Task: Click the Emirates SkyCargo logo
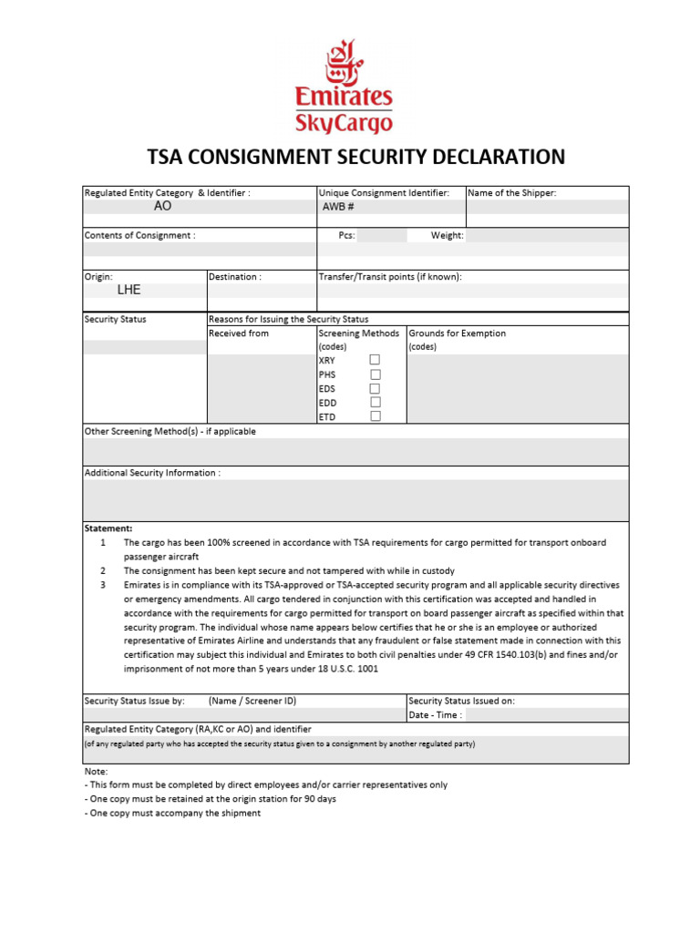[x=344, y=87]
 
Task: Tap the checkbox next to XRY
[x=375, y=361]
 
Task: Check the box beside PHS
[x=375, y=374]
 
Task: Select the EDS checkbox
[x=375, y=388]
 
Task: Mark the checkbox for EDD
[x=375, y=402]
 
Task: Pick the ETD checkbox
[x=375, y=415]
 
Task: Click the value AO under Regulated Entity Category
[x=162, y=207]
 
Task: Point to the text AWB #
[x=337, y=207]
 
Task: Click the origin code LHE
[x=129, y=291]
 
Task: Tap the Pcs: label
[x=346, y=235]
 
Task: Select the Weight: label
[x=447, y=235]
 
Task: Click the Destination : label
[x=235, y=276]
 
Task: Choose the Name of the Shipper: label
[x=511, y=192]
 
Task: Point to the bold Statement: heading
[x=108, y=528]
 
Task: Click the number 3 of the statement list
[x=103, y=584]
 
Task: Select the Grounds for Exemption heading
[x=457, y=333]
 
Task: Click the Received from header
[x=239, y=333]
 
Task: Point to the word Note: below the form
[x=96, y=771]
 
